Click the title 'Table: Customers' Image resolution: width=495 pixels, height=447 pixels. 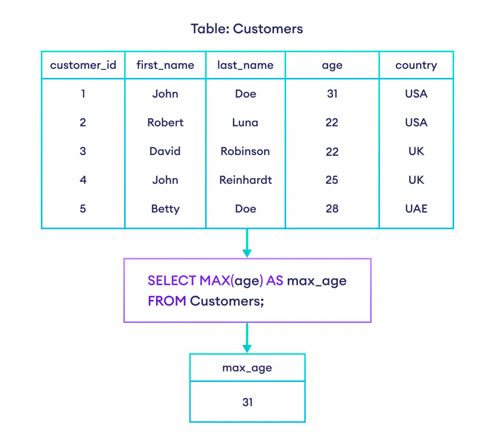pos(247,29)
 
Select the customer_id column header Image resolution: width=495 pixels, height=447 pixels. pos(83,65)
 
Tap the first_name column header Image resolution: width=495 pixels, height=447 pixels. pos(165,65)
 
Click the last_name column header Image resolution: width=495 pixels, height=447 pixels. pos(245,65)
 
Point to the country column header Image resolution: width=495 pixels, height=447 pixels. pos(416,65)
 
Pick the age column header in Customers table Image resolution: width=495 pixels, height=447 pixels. pos(332,66)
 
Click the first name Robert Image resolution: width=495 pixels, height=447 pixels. pos(165,122)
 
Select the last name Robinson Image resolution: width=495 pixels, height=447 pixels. pos(245,151)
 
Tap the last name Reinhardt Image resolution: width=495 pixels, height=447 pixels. pos(245,180)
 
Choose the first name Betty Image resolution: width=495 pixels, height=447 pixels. pos(165,209)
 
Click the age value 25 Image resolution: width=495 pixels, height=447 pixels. pos(332,180)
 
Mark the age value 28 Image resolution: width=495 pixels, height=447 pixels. pos(332,209)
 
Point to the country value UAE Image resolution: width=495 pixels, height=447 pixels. pos(416,209)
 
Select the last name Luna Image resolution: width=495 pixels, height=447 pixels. pos(245,122)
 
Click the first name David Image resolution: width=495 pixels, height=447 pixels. pos(165,151)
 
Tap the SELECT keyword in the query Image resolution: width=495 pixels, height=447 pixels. pos(172,281)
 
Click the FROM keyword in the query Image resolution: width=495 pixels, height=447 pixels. pos(167,301)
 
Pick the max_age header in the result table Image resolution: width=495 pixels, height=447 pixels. pos(247,367)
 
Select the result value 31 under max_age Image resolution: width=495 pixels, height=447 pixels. pos(247,402)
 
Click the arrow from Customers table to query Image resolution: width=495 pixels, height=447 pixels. pos(247,243)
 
